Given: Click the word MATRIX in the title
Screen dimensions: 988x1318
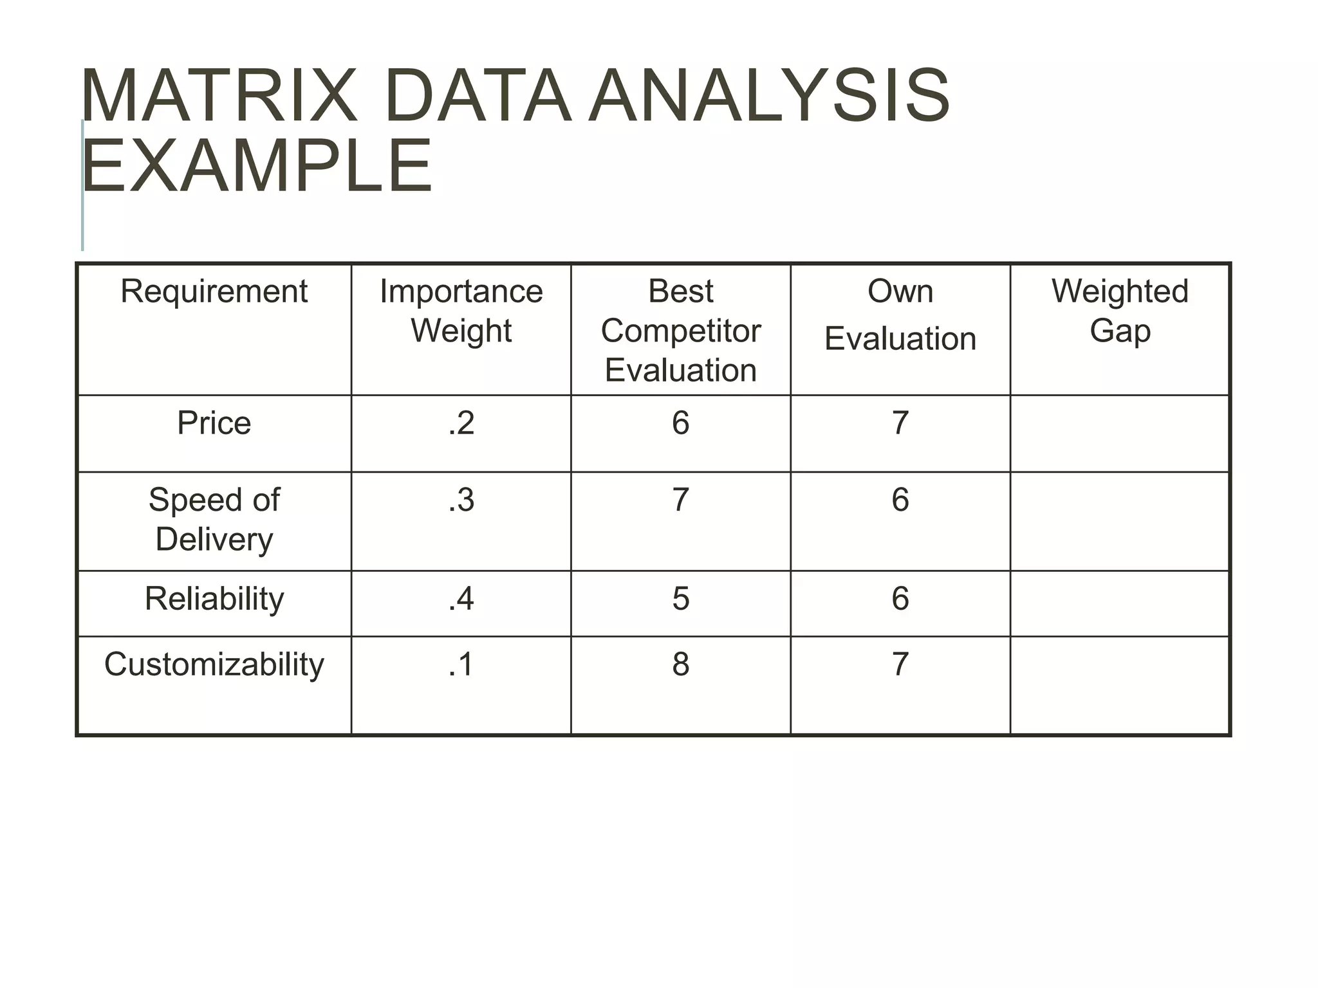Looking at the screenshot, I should [219, 96].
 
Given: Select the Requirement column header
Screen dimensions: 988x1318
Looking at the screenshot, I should [214, 291].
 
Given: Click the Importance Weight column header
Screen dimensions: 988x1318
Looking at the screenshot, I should [461, 311].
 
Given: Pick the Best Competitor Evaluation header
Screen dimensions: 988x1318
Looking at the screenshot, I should [680, 330].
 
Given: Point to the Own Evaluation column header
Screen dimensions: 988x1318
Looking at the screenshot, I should [900, 315].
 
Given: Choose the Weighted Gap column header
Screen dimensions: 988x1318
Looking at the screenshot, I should [1120, 311].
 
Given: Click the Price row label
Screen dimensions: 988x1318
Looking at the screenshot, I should [214, 423].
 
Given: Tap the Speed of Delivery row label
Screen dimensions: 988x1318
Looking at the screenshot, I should [214, 519].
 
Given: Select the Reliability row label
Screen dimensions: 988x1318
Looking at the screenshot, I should [214, 599].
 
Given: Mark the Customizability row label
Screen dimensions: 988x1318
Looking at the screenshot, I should [214, 664].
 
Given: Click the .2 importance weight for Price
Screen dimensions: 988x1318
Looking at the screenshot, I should [461, 423].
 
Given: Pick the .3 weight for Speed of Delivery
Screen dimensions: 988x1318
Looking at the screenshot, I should [461, 500].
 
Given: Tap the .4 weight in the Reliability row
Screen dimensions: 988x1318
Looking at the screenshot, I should [461, 599].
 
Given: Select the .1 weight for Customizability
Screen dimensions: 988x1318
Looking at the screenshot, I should [461, 664].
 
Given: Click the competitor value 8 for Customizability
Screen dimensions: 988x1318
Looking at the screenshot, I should [680, 664].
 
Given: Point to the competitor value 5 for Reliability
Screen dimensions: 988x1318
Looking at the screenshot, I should [680, 599].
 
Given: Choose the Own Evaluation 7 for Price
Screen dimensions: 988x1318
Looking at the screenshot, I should [900, 423].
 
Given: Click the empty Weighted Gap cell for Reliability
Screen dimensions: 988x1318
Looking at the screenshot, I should [1120, 603].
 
